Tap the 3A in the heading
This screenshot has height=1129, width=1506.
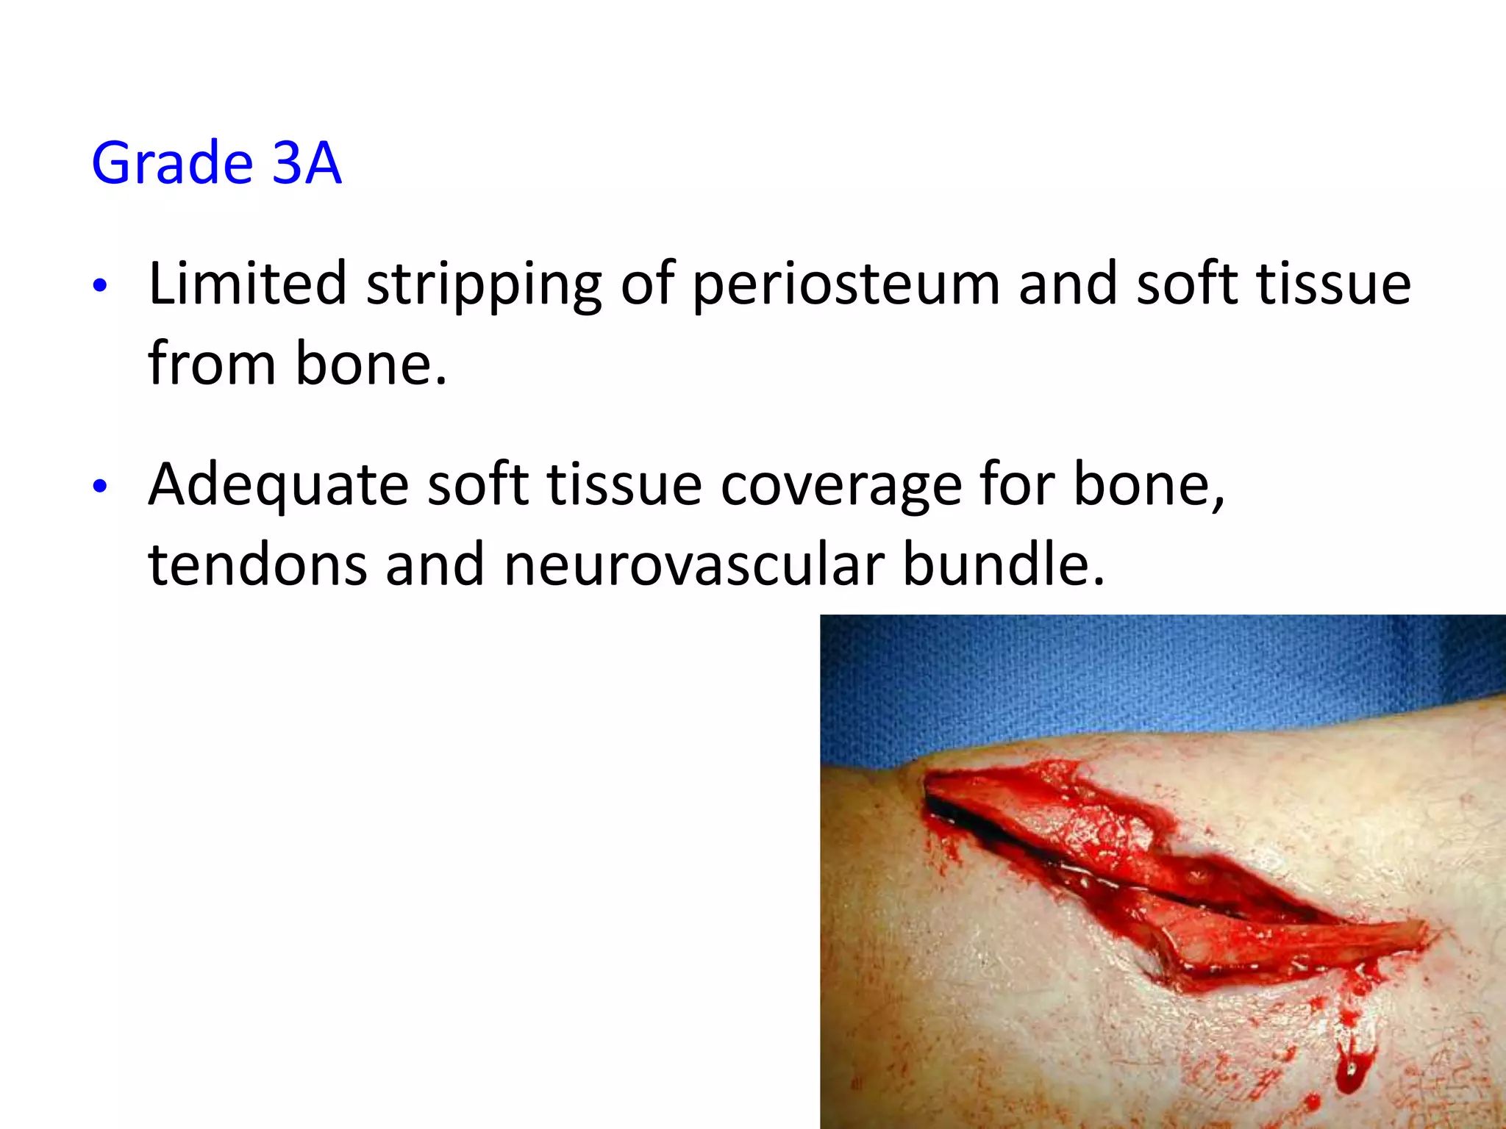click(x=306, y=163)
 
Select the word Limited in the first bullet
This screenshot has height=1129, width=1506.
click(x=247, y=284)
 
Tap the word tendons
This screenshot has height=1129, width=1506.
click(x=257, y=564)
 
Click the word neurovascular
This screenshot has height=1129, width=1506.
click(x=693, y=564)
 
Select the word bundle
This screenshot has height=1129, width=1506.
click(x=1003, y=564)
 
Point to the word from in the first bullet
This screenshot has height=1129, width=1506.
click(x=211, y=363)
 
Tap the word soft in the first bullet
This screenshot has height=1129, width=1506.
click(x=1187, y=284)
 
